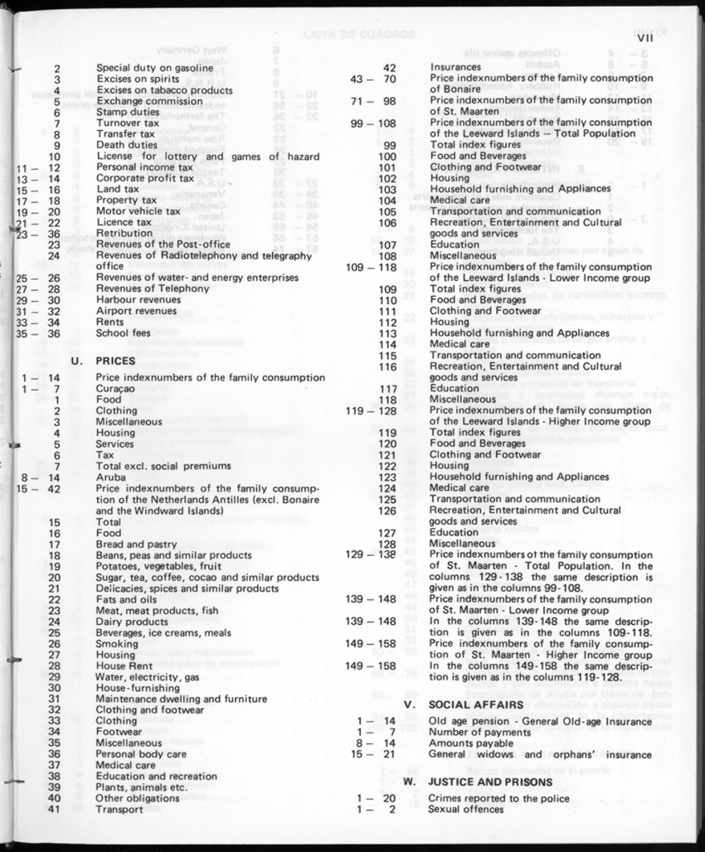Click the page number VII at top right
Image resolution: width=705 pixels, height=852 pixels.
[646, 36]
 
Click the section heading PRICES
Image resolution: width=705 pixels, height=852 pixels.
[116, 361]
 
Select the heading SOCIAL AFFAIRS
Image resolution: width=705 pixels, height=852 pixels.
[476, 704]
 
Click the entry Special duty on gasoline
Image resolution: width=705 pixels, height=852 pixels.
[153, 68]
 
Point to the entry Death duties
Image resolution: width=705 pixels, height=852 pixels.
[127, 145]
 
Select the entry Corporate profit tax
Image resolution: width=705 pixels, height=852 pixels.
[144, 178]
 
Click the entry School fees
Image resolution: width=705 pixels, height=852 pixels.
[124, 333]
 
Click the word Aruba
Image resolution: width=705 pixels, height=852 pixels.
[110, 477]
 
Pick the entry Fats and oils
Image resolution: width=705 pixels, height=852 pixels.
[126, 599]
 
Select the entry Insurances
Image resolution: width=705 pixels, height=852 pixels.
[455, 67]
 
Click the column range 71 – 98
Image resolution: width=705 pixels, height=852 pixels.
[373, 101]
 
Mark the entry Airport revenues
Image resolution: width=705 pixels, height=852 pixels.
[137, 311]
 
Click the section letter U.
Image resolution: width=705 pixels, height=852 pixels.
[77, 361]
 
